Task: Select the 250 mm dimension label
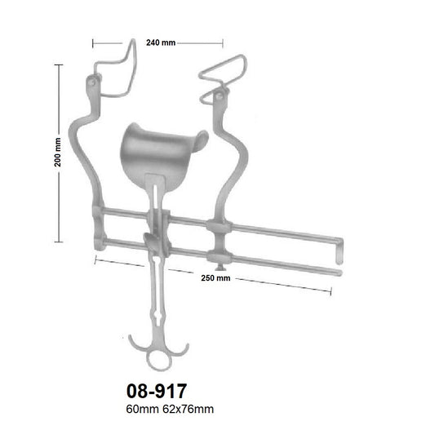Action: (x=215, y=277)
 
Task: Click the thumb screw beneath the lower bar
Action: (x=218, y=263)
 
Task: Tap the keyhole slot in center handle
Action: (x=158, y=313)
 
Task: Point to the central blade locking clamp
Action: (x=153, y=240)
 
